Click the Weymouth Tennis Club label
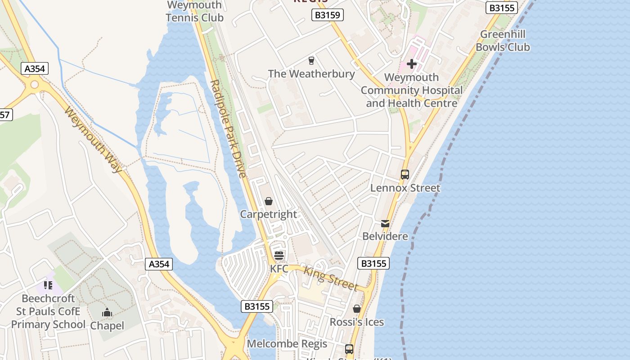pyautogui.click(x=194, y=12)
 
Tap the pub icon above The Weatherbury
pyautogui.click(x=311, y=60)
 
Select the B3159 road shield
pyautogui.click(x=328, y=15)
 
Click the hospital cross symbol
pyautogui.click(x=411, y=64)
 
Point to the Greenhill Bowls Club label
pyautogui.click(x=503, y=40)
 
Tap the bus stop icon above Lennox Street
pyautogui.click(x=405, y=174)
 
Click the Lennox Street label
pyautogui.click(x=405, y=188)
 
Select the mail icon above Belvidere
pyautogui.click(x=385, y=223)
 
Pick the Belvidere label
pyautogui.click(x=385, y=236)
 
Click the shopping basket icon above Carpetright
pyautogui.click(x=269, y=201)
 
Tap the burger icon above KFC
pyautogui.click(x=279, y=256)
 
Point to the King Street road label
pyautogui.click(x=331, y=279)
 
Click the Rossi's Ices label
pyautogui.click(x=357, y=322)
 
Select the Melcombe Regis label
pyautogui.click(x=287, y=344)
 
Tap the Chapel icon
pyautogui.click(x=107, y=312)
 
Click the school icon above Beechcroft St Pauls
pyautogui.click(x=48, y=285)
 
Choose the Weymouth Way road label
pyautogui.click(x=93, y=140)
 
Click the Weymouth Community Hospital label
pyautogui.click(x=411, y=90)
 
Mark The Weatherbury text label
pyautogui.click(x=311, y=74)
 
